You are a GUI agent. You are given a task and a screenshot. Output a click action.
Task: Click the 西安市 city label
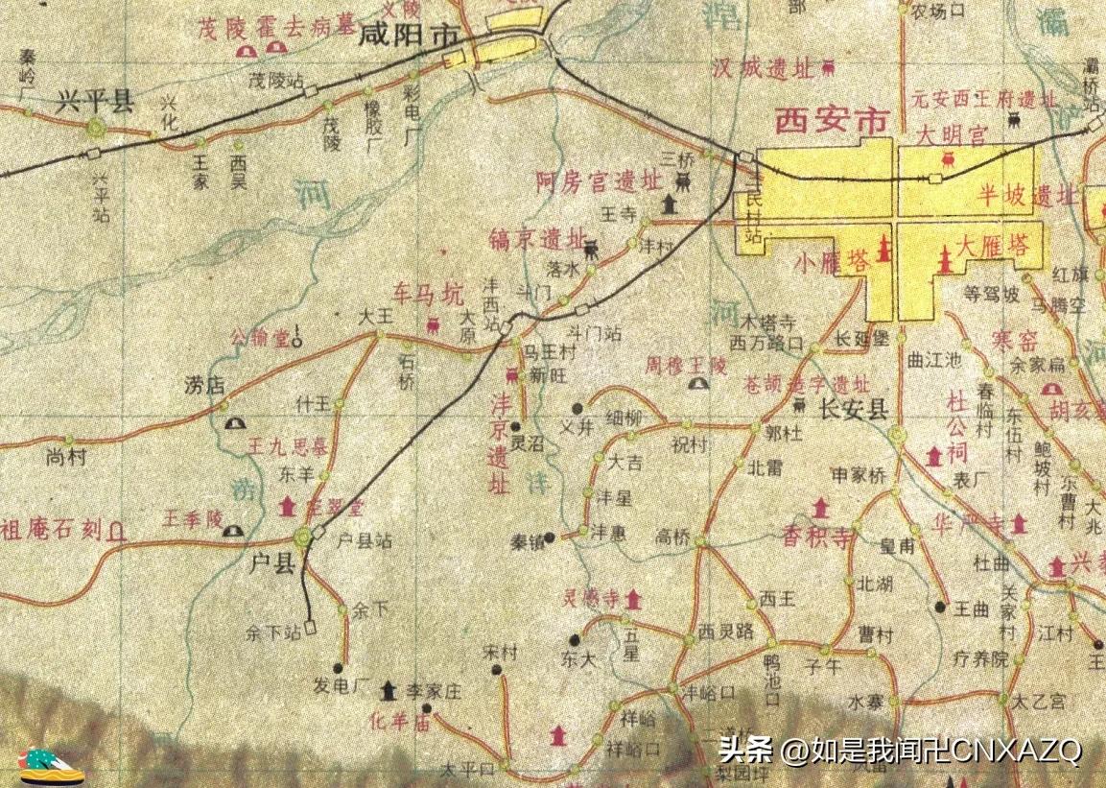(x=832, y=121)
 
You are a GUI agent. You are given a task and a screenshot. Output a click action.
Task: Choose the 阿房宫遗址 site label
(x=600, y=179)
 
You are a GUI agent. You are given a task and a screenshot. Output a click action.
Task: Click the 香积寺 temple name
(x=818, y=537)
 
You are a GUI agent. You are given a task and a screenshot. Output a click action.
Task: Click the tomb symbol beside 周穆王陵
(x=699, y=385)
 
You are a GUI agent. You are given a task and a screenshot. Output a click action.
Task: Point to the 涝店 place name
(x=202, y=386)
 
